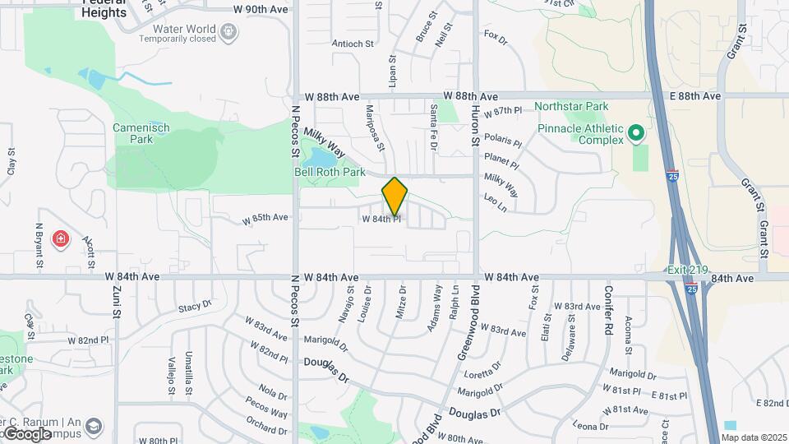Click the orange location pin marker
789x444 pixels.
[394, 196]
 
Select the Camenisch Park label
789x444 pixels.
[133, 133]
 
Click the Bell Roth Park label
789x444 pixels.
[330, 172]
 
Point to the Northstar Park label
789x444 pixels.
[571, 106]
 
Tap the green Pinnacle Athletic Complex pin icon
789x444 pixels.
[635, 132]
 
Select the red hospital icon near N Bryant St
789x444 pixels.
[60, 239]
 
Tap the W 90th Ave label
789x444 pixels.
[261, 9]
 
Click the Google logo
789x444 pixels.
[27, 433]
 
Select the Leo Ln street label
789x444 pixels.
[495, 203]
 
